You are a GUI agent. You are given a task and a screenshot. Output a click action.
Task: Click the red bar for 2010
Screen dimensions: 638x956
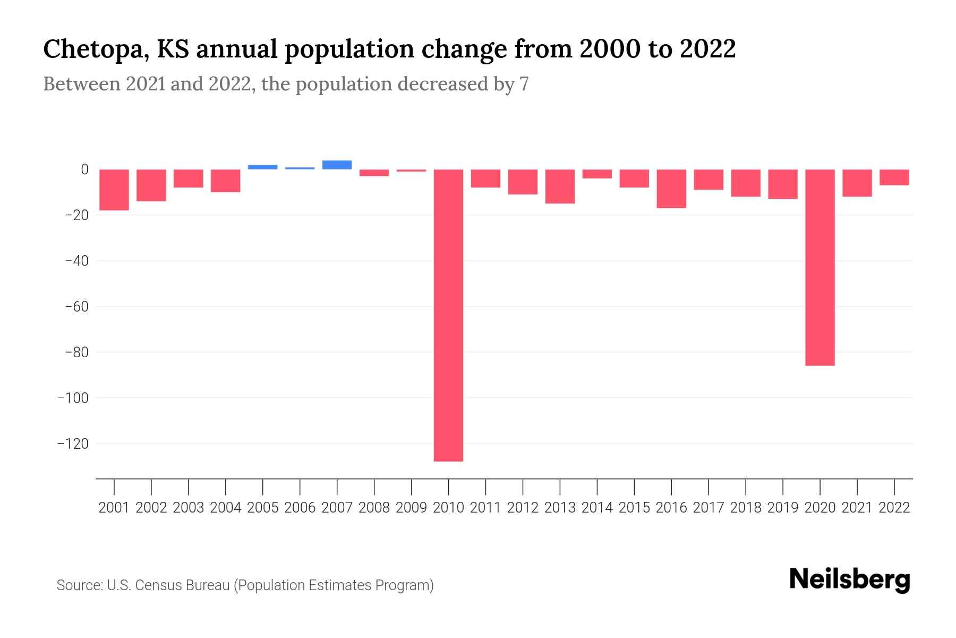pyautogui.click(x=448, y=315)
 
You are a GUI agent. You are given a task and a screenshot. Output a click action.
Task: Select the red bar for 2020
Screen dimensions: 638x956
pyautogui.click(x=820, y=267)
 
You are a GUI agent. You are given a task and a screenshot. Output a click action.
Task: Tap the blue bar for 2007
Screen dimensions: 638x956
pyautogui.click(x=337, y=165)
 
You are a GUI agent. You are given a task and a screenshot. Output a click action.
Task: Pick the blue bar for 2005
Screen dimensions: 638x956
pyautogui.click(x=262, y=167)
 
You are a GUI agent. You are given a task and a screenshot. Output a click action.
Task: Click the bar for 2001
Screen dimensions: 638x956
pyautogui.click(x=114, y=190)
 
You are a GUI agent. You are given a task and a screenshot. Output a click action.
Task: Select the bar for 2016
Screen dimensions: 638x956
pyautogui.click(x=671, y=189)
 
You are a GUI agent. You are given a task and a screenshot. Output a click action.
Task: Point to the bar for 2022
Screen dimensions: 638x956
pyautogui.click(x=894, y=178)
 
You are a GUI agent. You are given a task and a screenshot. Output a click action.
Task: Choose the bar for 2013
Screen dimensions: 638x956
pyautogui.click(x=560, y=187)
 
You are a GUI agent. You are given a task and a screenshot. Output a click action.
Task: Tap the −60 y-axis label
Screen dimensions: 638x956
pyautogui.click(x=76, y=307)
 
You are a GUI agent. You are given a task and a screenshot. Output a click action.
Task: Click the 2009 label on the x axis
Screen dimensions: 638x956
pyautogui.click(x=411, y=508)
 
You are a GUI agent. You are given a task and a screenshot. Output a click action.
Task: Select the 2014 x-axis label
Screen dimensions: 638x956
pyautogui.click(x=597, y=508)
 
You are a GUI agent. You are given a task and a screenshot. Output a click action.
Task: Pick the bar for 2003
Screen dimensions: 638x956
pyautogui.click(x=189, y=179)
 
